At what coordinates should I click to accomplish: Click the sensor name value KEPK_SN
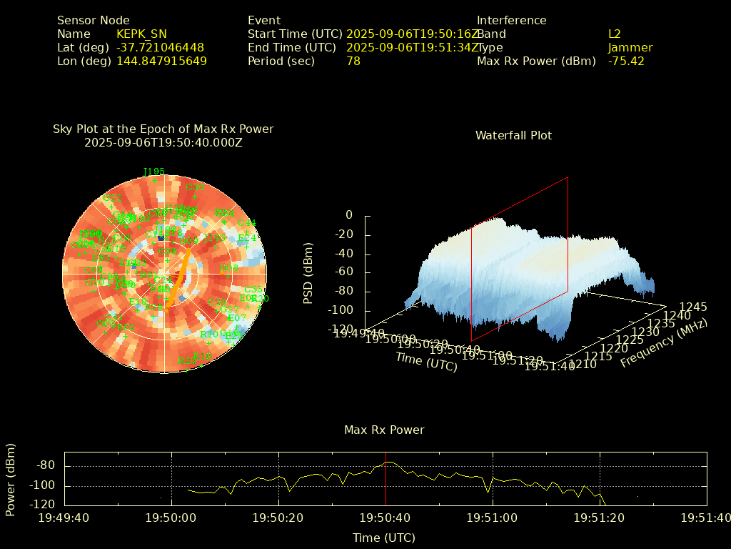(141, 34)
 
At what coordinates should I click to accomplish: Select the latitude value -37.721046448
(160, 47)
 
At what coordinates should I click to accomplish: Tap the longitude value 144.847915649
(161, 61)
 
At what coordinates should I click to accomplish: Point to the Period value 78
(353, 61)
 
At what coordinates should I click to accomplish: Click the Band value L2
(615, 34)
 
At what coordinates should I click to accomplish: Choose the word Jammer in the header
(630, 47)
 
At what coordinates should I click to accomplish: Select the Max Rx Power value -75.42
(626, 61)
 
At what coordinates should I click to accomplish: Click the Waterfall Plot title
(513, 135)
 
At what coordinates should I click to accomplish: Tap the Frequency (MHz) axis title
(663, 343)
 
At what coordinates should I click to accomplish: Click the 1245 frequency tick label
(693, 307)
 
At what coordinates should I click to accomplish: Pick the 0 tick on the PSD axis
(349, 215)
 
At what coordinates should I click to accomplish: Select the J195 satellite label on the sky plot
(154, 172)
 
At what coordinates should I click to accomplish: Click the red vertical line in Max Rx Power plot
(385, 479)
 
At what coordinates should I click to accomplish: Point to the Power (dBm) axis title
(11, 479)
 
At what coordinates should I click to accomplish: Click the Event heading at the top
(264, 20)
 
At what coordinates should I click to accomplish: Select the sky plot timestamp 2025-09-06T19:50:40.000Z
(163, 142)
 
